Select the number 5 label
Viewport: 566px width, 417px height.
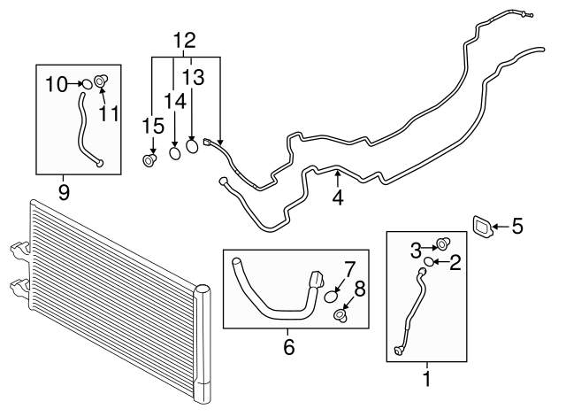(517, 227)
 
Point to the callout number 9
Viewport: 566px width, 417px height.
(64, 191)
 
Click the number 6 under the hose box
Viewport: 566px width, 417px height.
(287, 347)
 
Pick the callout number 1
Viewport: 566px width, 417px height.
(428, 382)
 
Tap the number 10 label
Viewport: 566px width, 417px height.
(56, 84)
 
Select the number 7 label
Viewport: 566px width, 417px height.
(350, 267)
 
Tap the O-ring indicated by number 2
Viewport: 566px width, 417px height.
(429, 261)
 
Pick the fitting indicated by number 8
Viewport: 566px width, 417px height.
(340, 314)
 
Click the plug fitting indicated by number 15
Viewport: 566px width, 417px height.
(149, 160)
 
